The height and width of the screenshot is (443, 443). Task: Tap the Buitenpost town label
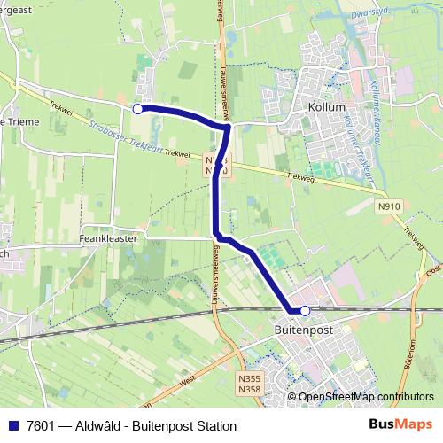295,329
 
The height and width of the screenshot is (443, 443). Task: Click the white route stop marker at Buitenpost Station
305,310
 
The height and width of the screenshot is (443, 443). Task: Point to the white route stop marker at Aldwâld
137,108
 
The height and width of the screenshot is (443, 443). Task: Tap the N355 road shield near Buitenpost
249,377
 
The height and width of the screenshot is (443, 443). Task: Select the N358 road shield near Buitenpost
249,388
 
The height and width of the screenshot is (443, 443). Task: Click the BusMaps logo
400,425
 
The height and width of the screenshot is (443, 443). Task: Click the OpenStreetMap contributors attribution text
366,398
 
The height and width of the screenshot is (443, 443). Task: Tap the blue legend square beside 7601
13,426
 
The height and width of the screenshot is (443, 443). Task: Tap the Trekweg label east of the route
301,175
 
